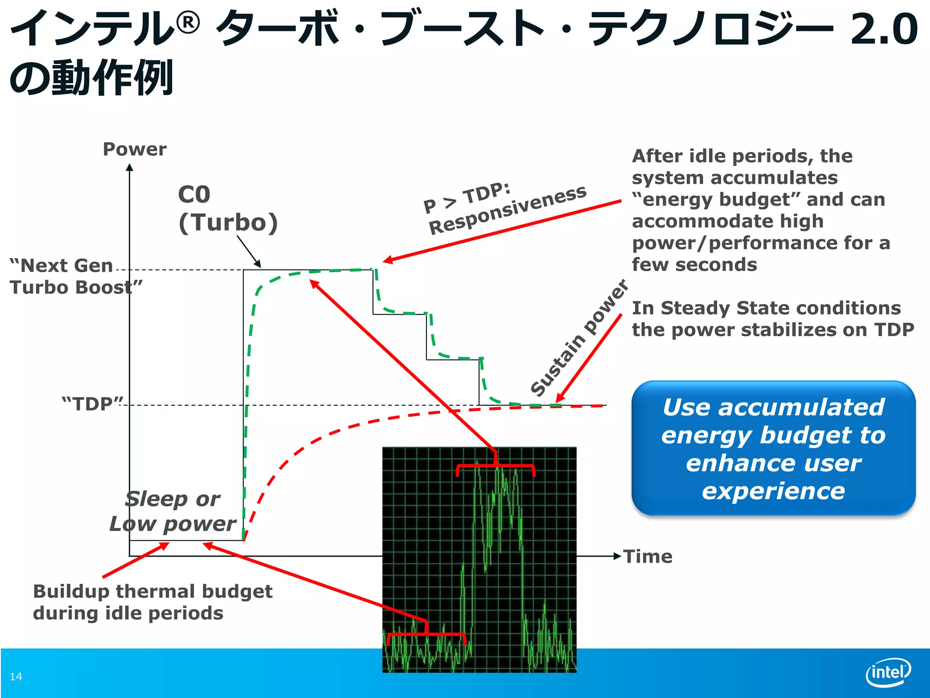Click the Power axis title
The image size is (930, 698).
point(134,150)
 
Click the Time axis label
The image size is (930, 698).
point(648,557)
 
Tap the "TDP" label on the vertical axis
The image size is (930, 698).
point(93,404)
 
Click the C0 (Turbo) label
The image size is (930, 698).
point(227,209)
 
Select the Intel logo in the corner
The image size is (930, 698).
point(888,672)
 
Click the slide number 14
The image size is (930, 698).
point(16,677)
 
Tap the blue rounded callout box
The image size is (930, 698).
point(773,448)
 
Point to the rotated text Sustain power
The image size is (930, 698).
point(579,339)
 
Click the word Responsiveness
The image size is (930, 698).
point(508,210)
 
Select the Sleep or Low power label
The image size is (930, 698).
point(173,511)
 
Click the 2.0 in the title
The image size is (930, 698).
point(884,30)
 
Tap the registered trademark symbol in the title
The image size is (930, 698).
point(188,23)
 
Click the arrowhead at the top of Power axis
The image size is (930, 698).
point(129,167)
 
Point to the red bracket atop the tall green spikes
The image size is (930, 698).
point(495,467)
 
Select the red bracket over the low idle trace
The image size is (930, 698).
point(426,634)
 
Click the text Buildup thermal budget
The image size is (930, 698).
point(153,592)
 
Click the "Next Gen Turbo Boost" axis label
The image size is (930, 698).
point(68,276)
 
